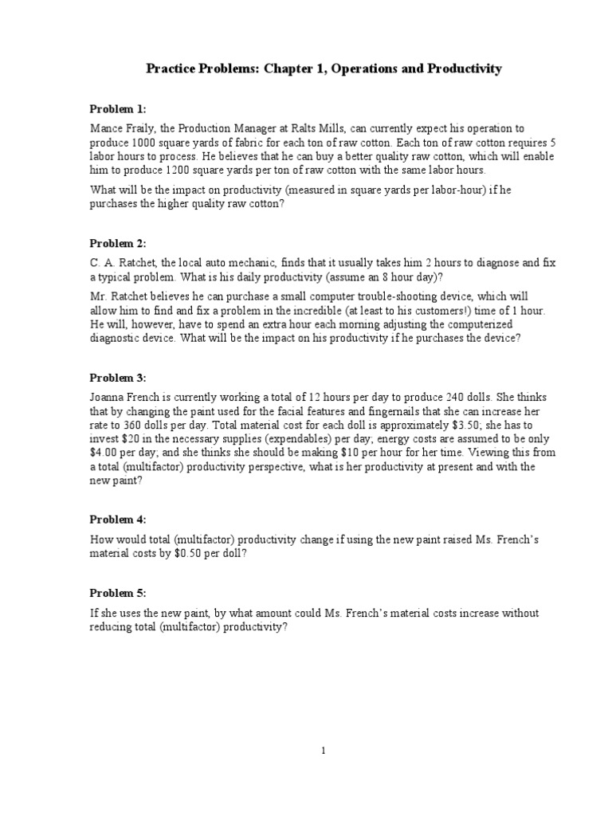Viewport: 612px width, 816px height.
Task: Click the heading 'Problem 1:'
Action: (118, 108)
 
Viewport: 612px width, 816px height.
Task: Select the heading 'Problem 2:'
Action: (118, 243)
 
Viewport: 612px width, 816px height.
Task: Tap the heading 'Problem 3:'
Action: (118, 378)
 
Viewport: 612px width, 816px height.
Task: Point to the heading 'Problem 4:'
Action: (118, 519)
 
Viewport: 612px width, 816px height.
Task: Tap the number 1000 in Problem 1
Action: (142, 143)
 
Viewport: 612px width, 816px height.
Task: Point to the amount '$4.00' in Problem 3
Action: (103, 453)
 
